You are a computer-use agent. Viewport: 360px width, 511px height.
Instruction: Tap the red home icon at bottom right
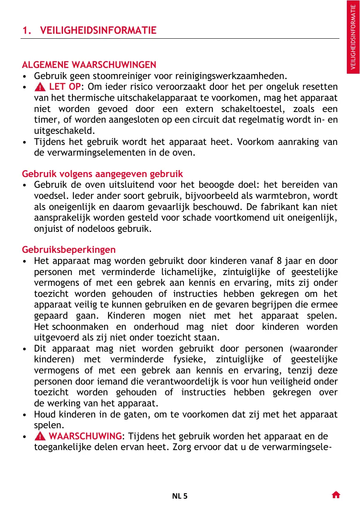(x=336, y=495)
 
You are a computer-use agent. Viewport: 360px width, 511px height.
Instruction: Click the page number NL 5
(x=179, y=496)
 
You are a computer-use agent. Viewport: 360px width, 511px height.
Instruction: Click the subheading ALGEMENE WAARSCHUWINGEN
(x=89, y=65)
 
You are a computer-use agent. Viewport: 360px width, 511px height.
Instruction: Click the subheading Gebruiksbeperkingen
(x=69, y=250)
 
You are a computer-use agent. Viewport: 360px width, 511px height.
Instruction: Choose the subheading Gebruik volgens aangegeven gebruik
(x=102, y=174)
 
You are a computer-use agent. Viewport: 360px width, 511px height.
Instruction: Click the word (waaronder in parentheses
(x=314, y=348)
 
